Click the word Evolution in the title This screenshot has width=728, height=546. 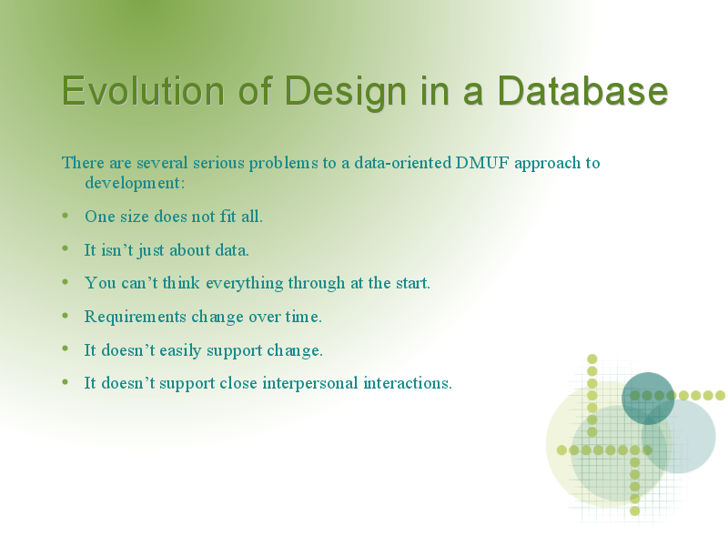tap(144, 90)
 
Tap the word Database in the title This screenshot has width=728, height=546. tap(582, 90)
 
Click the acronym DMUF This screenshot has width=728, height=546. tap(482, 163)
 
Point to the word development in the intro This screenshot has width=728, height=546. tap(135, 184)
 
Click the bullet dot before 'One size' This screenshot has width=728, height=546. tap(65, 216)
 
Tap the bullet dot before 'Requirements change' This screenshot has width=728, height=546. tap(65, 316)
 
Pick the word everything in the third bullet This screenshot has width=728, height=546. tap(245, 283)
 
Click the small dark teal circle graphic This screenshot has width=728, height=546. tap(648, 399)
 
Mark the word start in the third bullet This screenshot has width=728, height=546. tap(413, 283)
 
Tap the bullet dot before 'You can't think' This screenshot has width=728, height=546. tap(65, 282)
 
